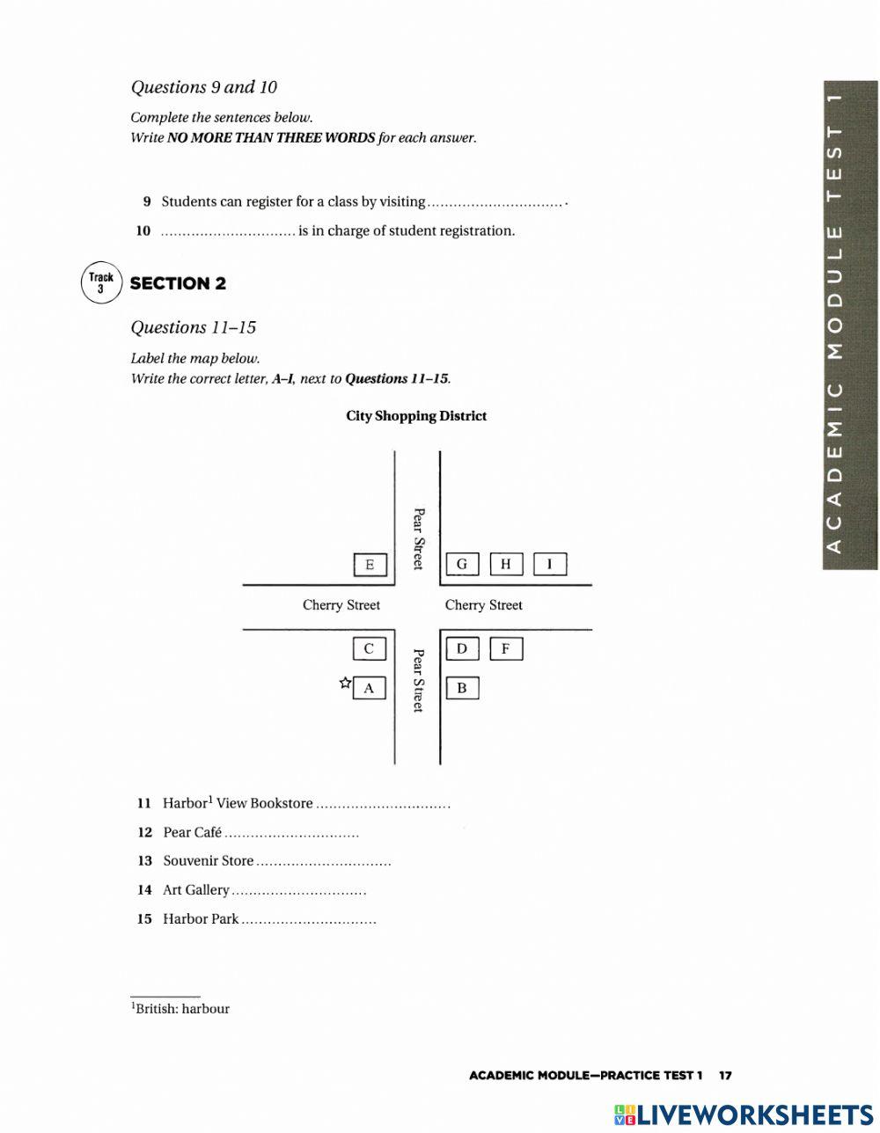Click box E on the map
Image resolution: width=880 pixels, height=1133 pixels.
370,565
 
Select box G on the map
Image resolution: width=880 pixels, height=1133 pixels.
462,564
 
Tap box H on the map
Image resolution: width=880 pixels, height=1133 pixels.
506,564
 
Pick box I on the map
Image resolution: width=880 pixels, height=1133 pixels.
550,564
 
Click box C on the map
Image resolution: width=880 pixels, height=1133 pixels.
369,649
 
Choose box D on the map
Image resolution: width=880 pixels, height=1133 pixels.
462,649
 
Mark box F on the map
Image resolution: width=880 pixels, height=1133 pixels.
506,649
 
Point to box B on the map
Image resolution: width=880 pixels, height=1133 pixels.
462,688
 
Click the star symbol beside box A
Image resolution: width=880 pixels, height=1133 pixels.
345,683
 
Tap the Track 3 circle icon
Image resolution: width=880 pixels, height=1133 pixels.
101,283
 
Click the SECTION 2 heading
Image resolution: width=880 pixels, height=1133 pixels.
178,283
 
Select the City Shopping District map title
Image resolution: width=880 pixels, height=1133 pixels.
416,416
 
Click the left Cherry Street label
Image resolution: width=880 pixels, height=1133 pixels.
341,605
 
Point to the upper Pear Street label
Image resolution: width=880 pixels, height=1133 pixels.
419,537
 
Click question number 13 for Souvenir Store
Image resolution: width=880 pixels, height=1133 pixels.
144,861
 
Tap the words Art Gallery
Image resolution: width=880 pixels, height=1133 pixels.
196,890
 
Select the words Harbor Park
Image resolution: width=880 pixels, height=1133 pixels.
201,919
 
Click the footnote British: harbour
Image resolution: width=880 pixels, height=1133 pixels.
181,1009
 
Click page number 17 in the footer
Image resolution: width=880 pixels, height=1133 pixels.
725,1075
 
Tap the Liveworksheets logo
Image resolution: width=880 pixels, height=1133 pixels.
744,1114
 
